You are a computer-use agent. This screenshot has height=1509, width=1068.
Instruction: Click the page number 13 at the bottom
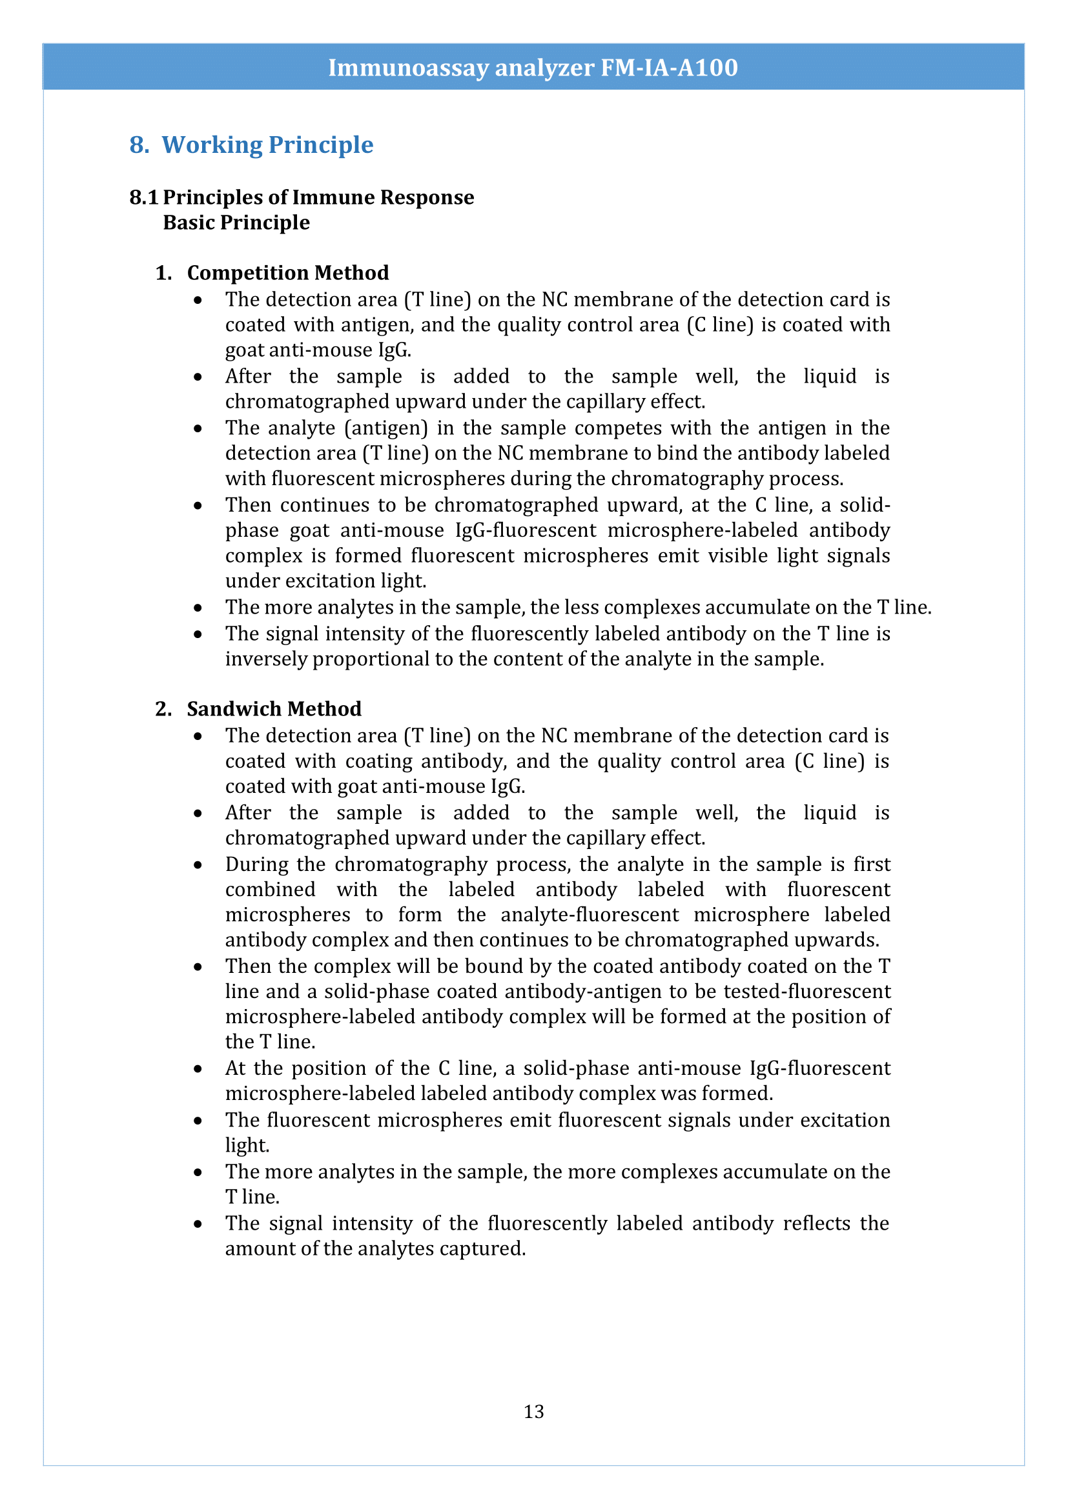(x=533, y=1411)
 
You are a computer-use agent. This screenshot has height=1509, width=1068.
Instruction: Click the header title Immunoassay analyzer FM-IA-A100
(x=533, y=68)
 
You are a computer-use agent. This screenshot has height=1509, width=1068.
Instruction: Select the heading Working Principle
(x=267, y=145)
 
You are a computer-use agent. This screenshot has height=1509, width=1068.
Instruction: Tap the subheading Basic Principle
(x=236, y=223)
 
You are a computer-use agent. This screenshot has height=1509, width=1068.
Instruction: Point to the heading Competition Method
(x=287, y=273)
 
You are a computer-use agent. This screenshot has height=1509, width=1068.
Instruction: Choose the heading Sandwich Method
(x=274, y=708)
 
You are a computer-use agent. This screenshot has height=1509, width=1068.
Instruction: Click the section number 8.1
(x=143, y=197)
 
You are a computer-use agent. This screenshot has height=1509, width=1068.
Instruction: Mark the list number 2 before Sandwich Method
(x=163, y=708)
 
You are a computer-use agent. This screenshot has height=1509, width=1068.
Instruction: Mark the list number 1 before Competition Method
(x=163, y=273)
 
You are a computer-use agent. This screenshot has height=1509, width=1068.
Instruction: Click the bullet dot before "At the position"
(x=198, y=1069)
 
